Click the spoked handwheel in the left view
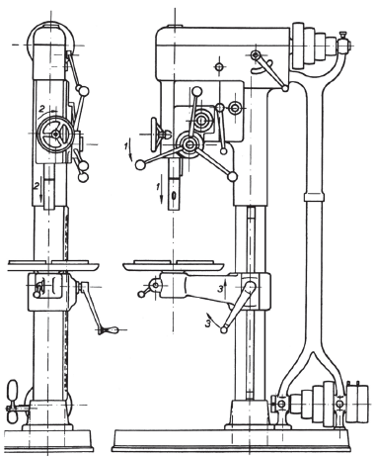pos(55,134)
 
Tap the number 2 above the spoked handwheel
pos(41,108)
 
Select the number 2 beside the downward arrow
pos(36,186)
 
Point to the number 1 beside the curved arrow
pos(126,146)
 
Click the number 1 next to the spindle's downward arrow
pos(158,187)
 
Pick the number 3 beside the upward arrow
pos(220,290)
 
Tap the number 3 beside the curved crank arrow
pos(208,323)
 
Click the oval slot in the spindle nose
pos(174,195)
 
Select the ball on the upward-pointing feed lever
pos(196,91)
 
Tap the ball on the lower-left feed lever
pos(140,164)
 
